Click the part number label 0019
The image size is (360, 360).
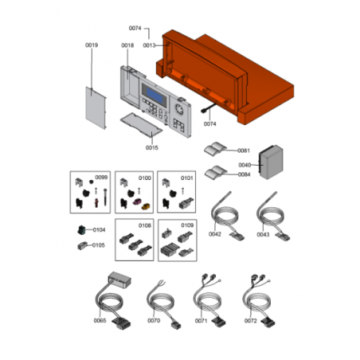(92, 45)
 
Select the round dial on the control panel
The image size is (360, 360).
(179, 109)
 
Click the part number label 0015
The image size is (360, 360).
(152, 147)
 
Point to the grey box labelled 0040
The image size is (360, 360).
(271, 162)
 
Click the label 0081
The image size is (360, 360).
(244, 151)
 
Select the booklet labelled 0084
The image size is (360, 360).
(216, 172)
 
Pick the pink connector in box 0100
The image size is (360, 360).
(137, 202)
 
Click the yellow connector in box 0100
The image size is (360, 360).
(146, 206)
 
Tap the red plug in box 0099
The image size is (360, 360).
(96, 202)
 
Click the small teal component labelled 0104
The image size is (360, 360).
(81, 230)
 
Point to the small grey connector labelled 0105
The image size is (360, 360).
(82, 245)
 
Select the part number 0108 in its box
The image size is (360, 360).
(145, 225)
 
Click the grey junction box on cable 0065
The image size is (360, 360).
(119, 280)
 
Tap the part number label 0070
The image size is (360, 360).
(154, 321)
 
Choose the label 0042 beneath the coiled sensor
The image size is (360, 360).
(215, 234)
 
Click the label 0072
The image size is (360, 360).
(251, 321)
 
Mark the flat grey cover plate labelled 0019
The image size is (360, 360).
(96, 108)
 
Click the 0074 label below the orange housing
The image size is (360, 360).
(209, 124)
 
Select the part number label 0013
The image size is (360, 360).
(149, 45)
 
